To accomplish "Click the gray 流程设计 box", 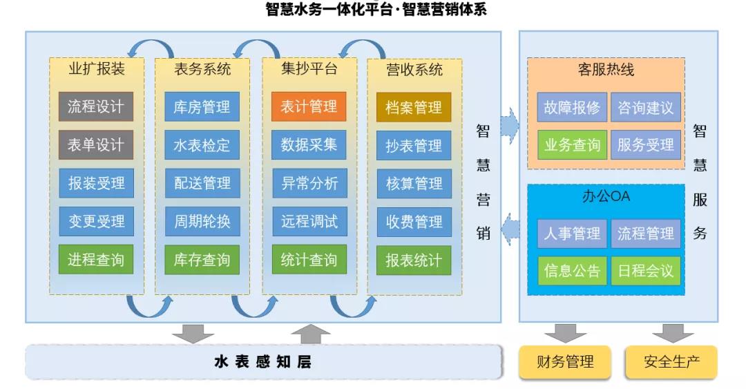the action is (x=95, y=106).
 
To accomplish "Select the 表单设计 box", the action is (x=95, y=144).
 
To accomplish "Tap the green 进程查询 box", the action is (x=95, y=260).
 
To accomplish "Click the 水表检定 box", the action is (x=202, y=144).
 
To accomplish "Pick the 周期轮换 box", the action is (x=202, y=221).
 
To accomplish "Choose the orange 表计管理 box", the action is (x=309, y=106).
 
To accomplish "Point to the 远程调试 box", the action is (x=309, y=221).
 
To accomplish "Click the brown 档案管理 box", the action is (x=414, y=107).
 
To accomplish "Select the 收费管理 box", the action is (x=414, y=221).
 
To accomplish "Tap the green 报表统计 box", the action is (x=414, y=260).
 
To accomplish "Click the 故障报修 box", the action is (x=572, y=107).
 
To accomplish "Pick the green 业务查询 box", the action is (x=572, y=144).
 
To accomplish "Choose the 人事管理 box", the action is (x=572, y=234).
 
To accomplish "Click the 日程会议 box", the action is (x=646, y=271).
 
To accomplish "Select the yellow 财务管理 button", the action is (x=565, y=362).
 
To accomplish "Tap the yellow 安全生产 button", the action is (x=671, y=362).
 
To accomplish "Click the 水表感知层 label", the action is (x=263, y=362).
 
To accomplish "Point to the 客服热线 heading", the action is (x=606, y=70).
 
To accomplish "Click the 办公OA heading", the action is (x=606, y=196).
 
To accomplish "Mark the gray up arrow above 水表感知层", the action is (x=310, y=334).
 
